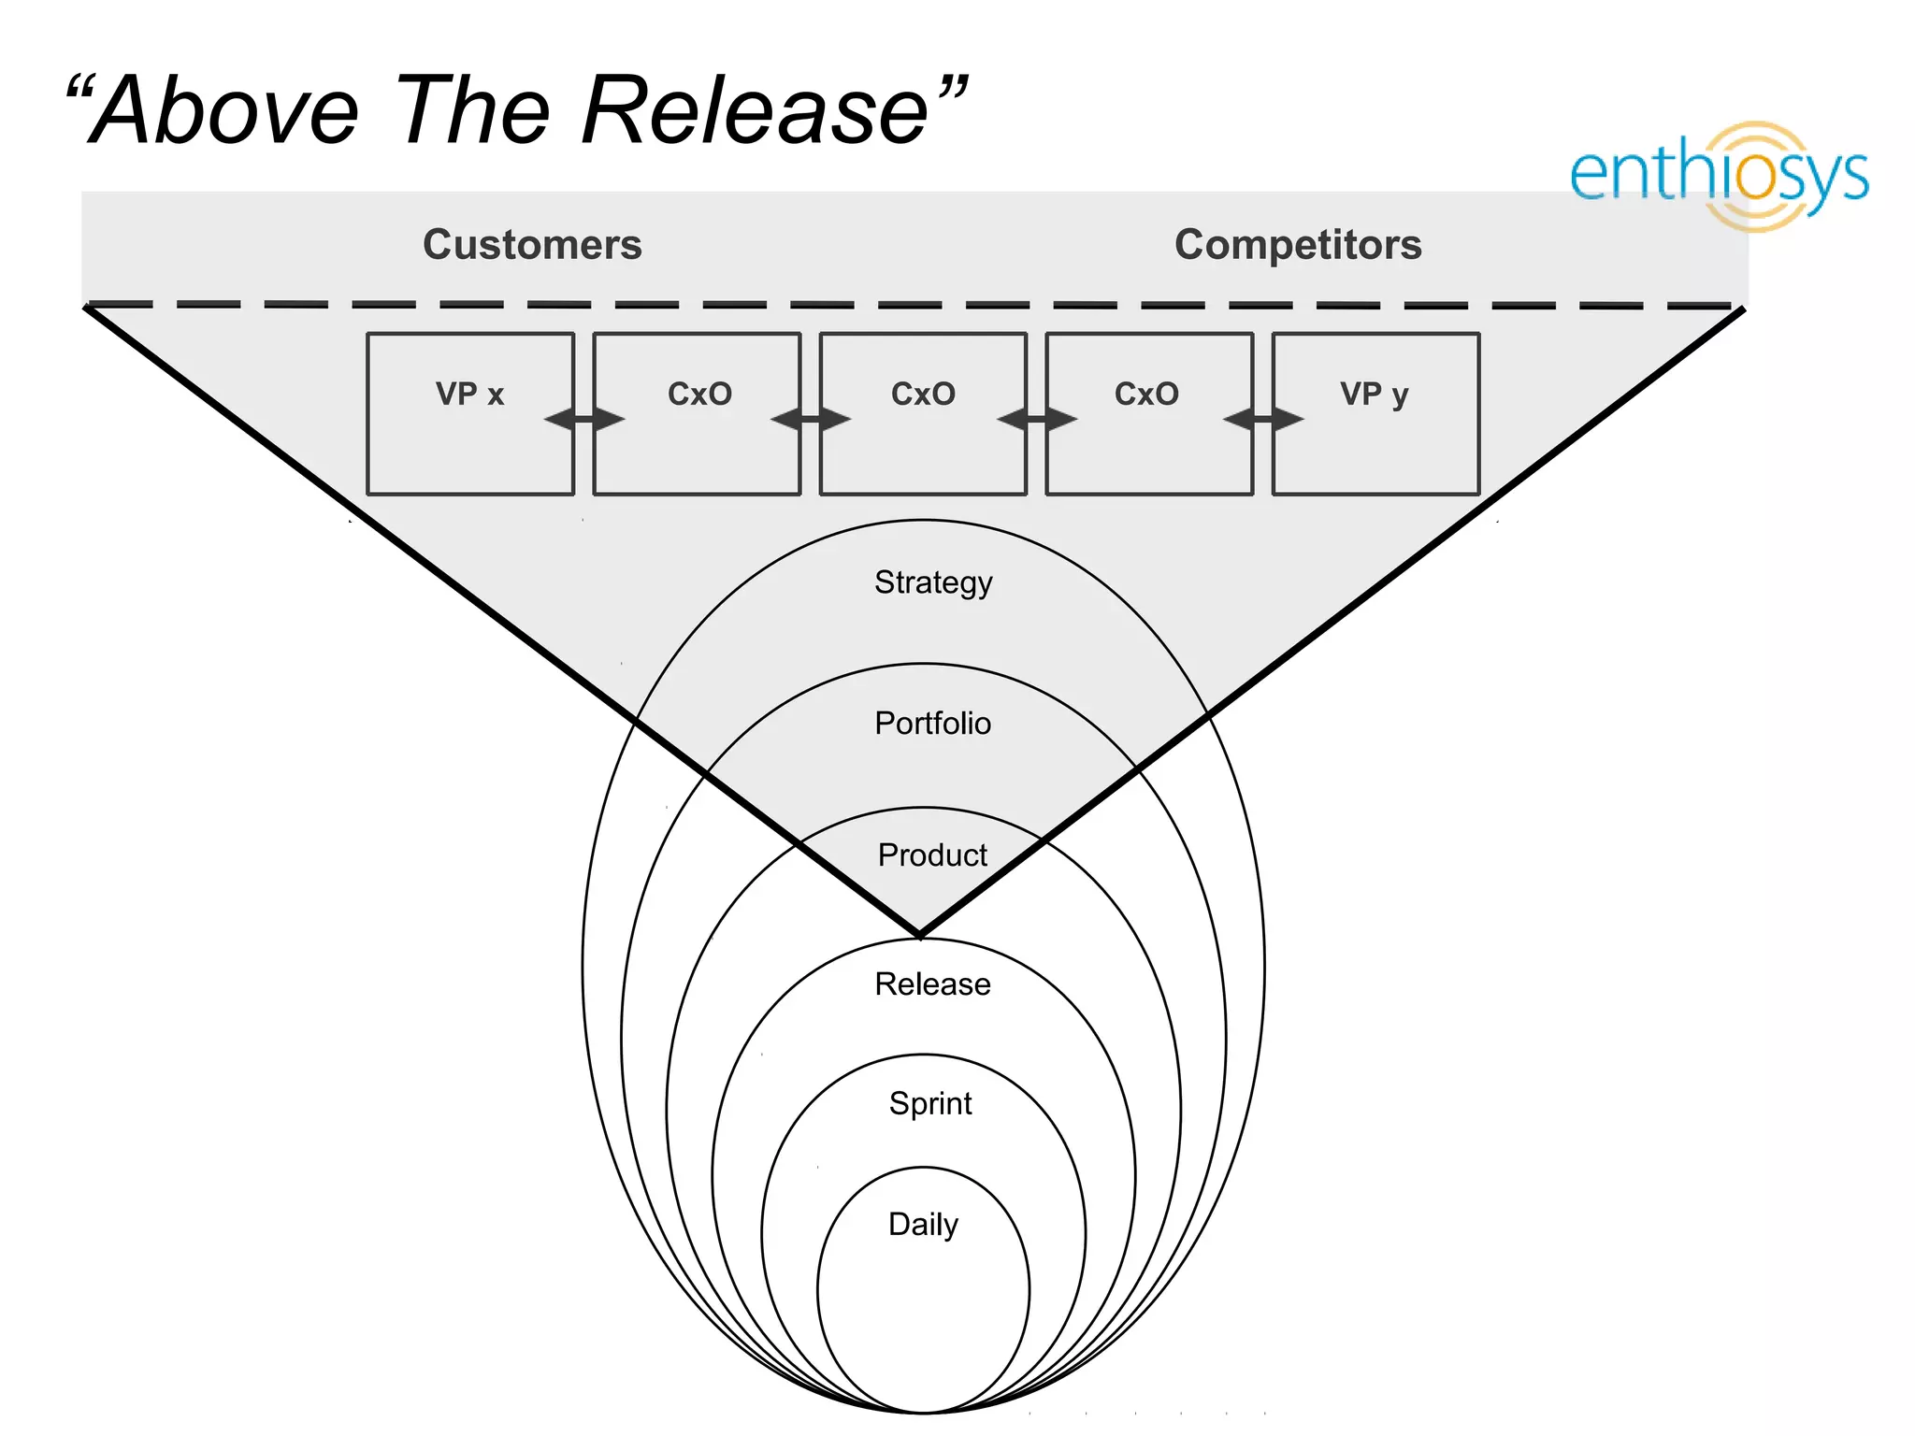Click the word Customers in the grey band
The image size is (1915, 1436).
(532, 245)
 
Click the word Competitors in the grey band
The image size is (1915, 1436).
(1298, 245)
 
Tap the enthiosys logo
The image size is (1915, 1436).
(1719, 176)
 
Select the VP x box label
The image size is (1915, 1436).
(469, 394)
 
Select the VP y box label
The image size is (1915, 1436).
(1374, 394)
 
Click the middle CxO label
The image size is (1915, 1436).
(923, 394)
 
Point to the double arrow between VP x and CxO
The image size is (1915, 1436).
(584, 419)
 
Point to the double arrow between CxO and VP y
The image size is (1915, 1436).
(1263, 419)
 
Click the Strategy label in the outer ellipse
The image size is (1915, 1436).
(933, 582)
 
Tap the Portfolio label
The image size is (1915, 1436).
(932, 724)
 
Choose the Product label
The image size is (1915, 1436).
(932, 854)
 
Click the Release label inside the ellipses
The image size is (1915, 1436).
(932, 984)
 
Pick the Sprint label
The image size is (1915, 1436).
(930, 1103)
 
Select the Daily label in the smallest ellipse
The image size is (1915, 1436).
(923, 1224)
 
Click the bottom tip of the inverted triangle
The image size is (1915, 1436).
(920, 933)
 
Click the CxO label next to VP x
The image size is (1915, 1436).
(699, 394)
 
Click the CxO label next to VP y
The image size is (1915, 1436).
(1146, 394)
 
